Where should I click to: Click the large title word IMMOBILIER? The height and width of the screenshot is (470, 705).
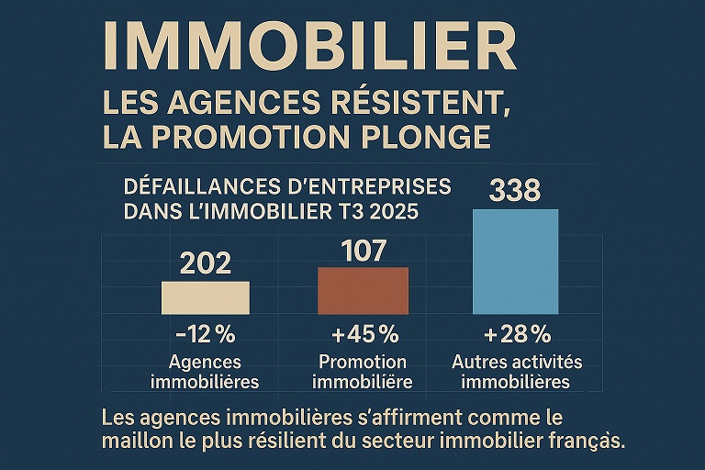coord(308,46)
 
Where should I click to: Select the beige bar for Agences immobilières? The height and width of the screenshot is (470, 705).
coord(205,298)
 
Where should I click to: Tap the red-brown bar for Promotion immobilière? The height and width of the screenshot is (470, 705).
coord(363,291)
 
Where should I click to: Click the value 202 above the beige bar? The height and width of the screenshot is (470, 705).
coord(205,264)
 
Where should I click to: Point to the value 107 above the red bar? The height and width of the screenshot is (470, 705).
coord(363,251)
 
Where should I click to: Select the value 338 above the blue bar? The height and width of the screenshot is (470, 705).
coord(515,192)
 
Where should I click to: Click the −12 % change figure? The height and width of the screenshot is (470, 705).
coord(205,333)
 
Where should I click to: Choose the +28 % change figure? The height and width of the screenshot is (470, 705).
coord(515,333)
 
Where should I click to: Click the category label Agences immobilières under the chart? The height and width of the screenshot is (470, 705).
coord(205,372)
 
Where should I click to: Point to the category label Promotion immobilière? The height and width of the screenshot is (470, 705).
coord(363,372)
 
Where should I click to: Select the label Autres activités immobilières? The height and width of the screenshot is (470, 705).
coord(517,372)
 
